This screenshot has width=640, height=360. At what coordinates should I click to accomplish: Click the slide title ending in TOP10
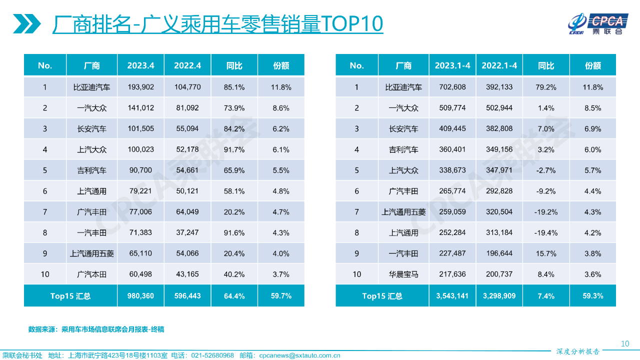217,24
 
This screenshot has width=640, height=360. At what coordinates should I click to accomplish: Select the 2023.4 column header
140,65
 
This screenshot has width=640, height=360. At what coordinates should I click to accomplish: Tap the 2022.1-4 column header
499,65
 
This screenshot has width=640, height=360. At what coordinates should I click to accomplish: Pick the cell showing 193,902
140,87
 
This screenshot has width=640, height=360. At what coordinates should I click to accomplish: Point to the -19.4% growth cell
545,232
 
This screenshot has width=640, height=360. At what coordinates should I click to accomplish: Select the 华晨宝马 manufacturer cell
403,274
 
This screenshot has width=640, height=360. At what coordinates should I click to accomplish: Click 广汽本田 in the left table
91,274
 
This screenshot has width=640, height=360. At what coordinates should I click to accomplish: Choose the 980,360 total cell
140,296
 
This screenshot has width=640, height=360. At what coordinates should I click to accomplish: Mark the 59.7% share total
281,296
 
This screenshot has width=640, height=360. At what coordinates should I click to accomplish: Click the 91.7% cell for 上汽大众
234,149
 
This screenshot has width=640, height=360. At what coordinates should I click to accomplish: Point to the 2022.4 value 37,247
187,232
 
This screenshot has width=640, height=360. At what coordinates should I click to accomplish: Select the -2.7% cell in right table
545,170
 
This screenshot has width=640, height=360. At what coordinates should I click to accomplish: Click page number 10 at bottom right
624,343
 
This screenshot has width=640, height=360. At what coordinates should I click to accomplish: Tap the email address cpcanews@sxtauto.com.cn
299,355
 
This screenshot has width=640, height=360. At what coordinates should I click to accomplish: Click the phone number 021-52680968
209,355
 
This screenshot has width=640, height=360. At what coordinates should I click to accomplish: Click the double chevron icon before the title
26,24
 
